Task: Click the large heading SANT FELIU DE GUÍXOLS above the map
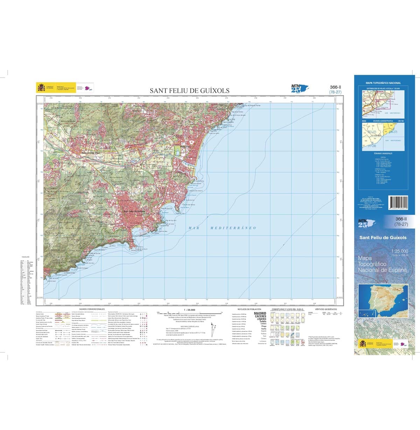pos(190,91)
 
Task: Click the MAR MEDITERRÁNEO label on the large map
pos(222,228)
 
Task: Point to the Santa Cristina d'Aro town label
pos(91,153)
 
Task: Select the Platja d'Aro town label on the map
pos(184,147)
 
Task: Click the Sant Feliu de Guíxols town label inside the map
pos(134,212)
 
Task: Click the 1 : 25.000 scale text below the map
pos(179,310)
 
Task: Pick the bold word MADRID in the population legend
pos(261,313)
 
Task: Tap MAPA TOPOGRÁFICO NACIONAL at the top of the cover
pos(383,83)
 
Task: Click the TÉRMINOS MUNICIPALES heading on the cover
pos(383,154)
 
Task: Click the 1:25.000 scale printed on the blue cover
pos(400,251)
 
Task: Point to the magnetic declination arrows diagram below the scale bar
pos(213,329)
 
